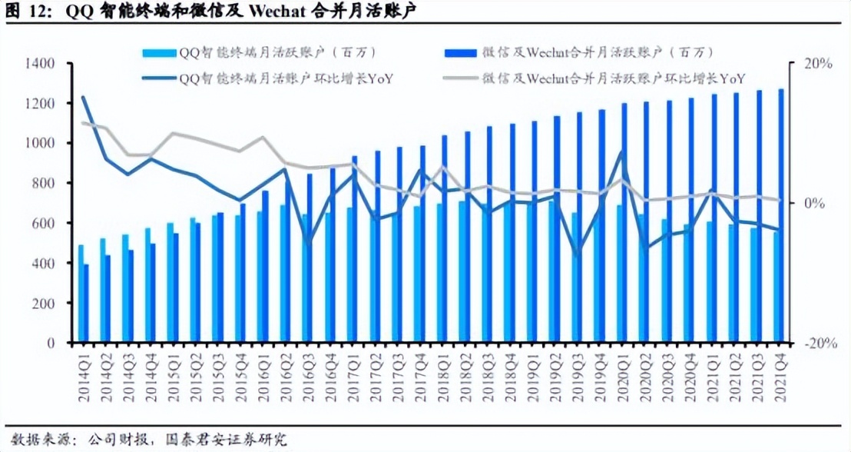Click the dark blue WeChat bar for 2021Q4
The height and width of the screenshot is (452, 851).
781,215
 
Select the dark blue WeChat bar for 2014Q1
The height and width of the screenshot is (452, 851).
87,304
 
